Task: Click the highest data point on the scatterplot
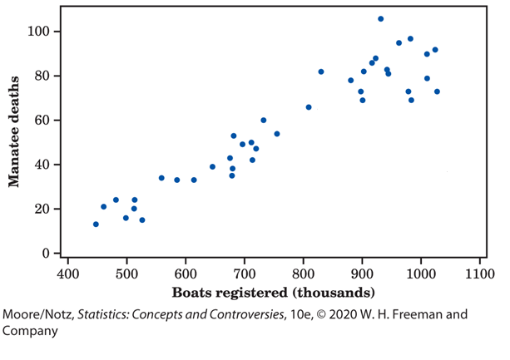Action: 380,18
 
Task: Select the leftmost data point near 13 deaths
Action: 96,224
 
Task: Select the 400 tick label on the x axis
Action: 67,272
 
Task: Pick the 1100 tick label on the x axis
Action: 479,272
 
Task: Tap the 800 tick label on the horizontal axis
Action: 303,272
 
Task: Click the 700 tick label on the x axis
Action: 245,272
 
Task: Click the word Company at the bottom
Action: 30,330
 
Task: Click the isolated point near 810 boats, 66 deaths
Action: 308,107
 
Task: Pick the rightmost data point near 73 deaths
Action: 437,91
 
